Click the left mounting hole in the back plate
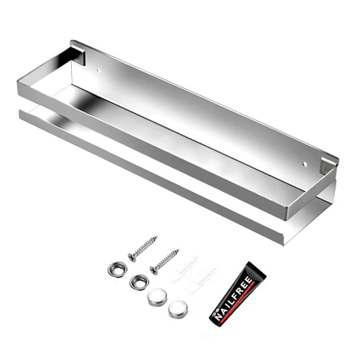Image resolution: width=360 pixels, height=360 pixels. [98, 71]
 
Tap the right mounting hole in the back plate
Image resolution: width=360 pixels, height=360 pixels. [305, 164]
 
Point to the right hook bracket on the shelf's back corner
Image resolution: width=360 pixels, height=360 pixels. [329, 165]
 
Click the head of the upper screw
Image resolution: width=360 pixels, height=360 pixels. [132, 257]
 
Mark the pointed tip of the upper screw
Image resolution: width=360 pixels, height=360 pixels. [157, 237]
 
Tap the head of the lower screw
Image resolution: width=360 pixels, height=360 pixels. [154, 270]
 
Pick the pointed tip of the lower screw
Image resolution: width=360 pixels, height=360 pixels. [179, 250]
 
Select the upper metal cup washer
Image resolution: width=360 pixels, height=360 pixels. [117, 270]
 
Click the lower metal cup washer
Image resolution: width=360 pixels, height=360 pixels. [139, 282]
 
